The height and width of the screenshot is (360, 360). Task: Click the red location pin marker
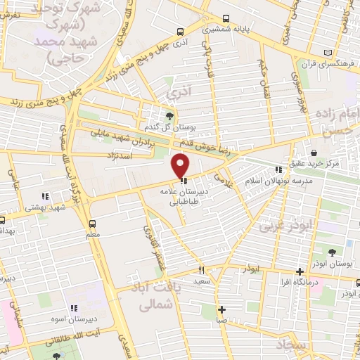point(181,166)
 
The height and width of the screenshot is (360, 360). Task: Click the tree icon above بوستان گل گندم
point(169,115)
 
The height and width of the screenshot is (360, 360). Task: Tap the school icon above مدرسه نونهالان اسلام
point(279,169)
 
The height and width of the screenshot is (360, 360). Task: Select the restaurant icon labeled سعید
point(201,269)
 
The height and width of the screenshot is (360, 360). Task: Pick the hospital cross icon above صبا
point(221,309)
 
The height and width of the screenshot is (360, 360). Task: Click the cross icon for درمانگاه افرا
point(300,271)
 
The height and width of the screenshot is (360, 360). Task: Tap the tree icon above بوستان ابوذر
point(331,252)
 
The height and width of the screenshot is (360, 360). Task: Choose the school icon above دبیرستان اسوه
point(73,308)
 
